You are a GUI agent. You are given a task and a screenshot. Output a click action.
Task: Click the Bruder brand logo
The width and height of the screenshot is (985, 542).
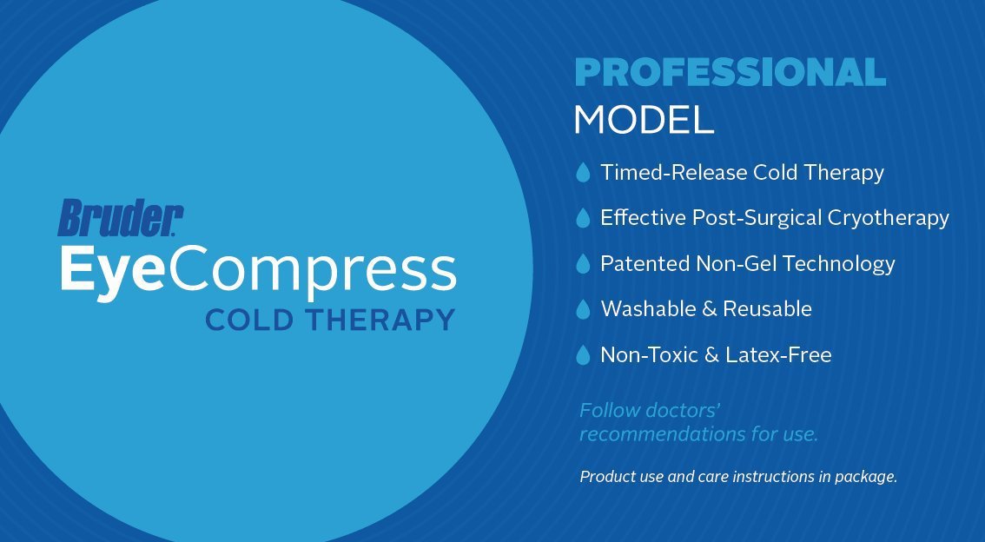[121, 218]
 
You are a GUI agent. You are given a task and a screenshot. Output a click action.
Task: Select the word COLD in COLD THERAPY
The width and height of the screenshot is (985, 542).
[249, 320]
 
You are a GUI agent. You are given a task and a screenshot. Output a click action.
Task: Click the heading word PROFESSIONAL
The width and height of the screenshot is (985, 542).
[730, 73]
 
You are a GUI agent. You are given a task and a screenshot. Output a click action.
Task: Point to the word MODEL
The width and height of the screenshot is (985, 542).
[644, 120]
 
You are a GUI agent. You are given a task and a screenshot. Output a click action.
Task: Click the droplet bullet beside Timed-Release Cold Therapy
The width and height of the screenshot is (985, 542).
[583, 173]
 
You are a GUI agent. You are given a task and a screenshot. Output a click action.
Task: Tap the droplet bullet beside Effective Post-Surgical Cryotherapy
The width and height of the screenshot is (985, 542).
[583, 218]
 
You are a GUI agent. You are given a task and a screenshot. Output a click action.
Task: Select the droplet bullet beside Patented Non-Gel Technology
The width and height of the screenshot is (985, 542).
[583, 263]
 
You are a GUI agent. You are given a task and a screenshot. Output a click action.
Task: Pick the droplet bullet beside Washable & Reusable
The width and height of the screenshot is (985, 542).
[583, 309]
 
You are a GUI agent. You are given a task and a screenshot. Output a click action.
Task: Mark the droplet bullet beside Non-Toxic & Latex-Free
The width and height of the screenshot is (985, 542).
[583, 354]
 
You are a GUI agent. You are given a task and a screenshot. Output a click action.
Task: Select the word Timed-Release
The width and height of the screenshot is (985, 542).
[674, 173]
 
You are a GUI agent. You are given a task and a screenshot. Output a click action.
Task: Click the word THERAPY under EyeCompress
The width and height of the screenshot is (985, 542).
[378, 320]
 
